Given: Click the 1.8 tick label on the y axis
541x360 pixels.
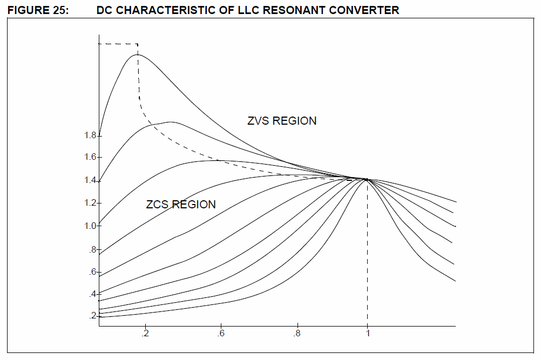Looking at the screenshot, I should pyautogui.click(x=90, y=135).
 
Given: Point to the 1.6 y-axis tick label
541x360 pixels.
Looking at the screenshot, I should pyautogui.click(x=90, y=157).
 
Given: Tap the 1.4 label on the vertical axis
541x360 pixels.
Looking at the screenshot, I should pyautogui.click(x=90, y=180).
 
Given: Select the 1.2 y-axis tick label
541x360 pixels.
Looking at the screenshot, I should pyautogui.click(x=90, y=203).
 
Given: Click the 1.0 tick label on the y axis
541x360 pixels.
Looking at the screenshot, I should pyautogui.click(x=90, y=226).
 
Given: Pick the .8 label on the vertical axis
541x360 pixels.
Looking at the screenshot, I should pyautogui.click(x=92, y=250).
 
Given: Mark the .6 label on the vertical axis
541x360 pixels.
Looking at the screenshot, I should pyautogui.click(x=92, y=272).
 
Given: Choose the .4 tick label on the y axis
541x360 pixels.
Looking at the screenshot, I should pyautogui.click(x=92, y=294).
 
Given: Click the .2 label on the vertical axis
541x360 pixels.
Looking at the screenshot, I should pyautogui.click(x=92, y=315).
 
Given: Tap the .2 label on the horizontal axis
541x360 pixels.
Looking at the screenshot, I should pyautogui.click(x=145, y=334).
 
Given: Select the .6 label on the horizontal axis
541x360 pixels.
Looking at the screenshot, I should pyautogui.click(x=221, y=334).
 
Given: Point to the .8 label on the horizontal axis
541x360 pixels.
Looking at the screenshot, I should pyautogui.click(x=296, y=334).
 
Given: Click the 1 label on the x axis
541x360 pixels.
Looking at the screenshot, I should pyautogui.click(x=368, y=334).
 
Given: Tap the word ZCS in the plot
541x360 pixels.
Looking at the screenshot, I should pyautogui.click(x=157, y=205).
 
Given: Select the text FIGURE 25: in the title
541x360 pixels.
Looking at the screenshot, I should pyautogui.click(x=38, y=10).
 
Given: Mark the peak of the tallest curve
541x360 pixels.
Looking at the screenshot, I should pyautogui.click(x=137, y=55).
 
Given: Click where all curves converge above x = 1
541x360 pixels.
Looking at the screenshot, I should pyautogui.click(x=367, y=179).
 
